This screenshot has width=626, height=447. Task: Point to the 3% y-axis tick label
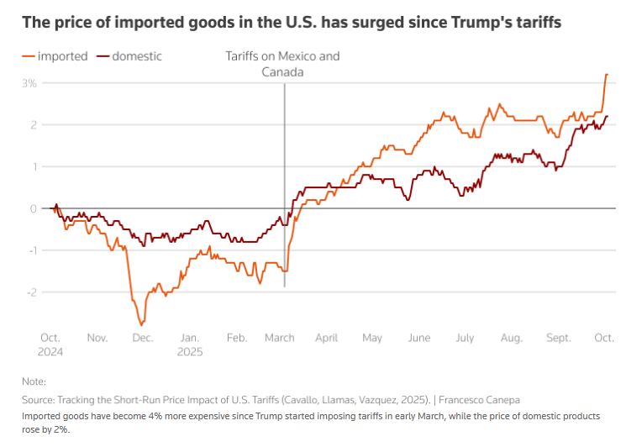(29, 83)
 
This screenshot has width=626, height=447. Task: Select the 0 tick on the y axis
(32, 208)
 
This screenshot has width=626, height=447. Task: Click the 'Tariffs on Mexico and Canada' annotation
(282, 65)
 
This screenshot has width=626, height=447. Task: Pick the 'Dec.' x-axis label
(142, 338)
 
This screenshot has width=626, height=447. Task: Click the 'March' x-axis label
(279, 338)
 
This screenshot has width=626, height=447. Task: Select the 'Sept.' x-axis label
(558, 338)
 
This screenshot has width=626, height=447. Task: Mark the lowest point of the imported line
(142, 324)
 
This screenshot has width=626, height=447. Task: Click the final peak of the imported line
(606, 75)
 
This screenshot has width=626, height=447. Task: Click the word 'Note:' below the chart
(34, 381)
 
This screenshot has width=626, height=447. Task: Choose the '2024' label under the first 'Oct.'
(50, 352)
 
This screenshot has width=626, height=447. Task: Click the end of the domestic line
(607, 117)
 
